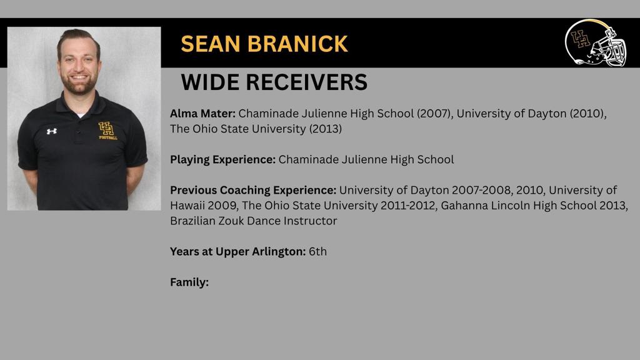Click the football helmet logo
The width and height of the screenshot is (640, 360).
tap(596, 43)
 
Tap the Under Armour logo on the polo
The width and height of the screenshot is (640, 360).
tap(51, 131)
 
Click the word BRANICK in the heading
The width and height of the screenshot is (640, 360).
tap(297, 44)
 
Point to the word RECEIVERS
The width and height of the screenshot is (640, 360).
tap(306, 82)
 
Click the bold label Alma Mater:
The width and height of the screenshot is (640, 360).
tap(202, 114)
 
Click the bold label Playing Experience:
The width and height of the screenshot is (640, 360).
tap(223, 159)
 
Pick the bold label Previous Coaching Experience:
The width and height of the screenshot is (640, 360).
tap(253, 190)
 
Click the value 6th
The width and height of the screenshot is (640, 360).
tap(317, 251)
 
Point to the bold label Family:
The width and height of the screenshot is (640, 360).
tap(189, 282)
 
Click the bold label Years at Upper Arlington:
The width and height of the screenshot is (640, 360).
tap(238, 251)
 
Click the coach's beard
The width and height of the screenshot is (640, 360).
tap(79, 84)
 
